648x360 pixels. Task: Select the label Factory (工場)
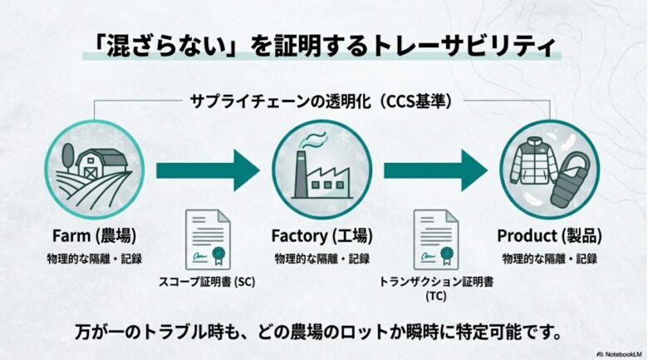(322, 235)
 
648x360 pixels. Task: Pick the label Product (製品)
(549, 235)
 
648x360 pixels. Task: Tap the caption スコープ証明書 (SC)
(207, 282)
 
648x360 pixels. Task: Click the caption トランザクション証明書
(435, 282)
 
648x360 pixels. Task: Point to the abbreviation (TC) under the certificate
(435, 296)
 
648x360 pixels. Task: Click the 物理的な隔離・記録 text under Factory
(322, 259)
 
